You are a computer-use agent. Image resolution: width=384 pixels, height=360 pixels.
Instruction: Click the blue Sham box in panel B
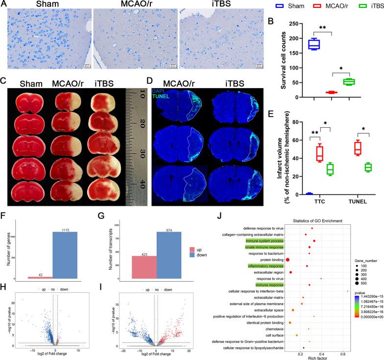tap(313, 45)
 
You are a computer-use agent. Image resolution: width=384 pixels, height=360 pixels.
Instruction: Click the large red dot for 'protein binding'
tap(288, 259)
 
